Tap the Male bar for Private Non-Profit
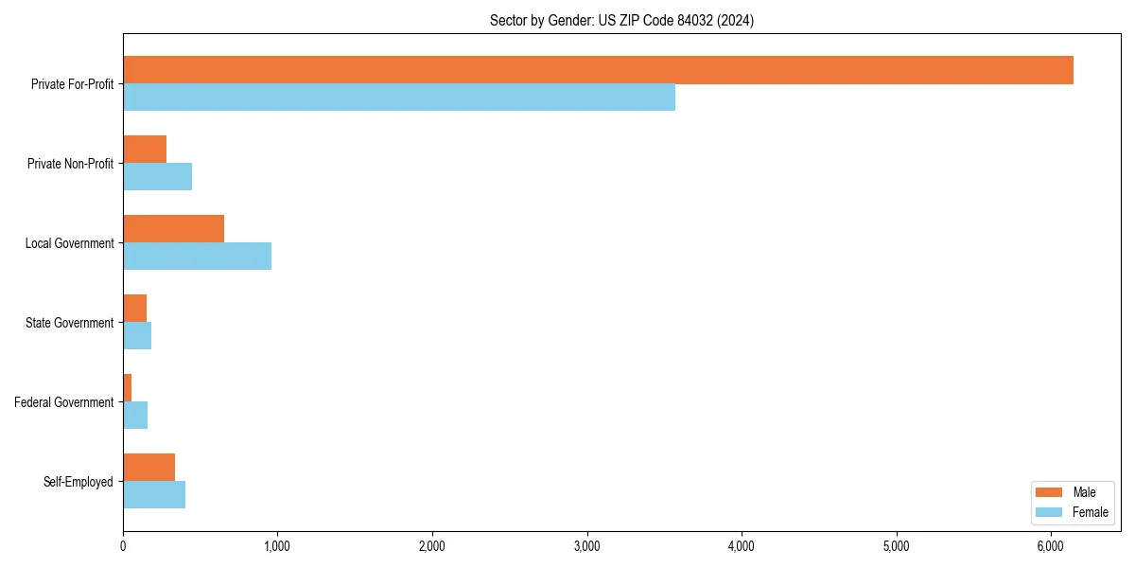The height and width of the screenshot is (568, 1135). (x=145, y=150)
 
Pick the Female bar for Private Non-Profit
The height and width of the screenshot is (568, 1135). (x=157, y=177)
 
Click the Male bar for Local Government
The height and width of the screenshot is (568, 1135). (x=173, y=229)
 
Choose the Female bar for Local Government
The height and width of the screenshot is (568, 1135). (x=197, y=257)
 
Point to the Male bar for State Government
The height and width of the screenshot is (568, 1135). (x=134, y=309)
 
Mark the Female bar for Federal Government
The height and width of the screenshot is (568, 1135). (x=135, y=416)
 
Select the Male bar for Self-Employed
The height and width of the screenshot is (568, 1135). (x=148, y=468)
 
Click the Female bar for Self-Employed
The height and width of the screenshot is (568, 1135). (x=154, y=495)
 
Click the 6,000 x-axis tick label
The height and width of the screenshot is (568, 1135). (x=1051, y=546)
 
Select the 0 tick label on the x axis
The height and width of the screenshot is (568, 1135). (x=123, y=546)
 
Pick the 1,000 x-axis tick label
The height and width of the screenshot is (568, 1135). (x=277, y=546)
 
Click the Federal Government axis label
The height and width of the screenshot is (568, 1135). (x=64, y=402)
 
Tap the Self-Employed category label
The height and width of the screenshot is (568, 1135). (x=79, y=482)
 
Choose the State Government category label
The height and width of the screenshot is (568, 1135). (x=70, y=323)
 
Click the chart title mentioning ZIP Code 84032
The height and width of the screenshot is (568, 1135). (x=621, y=20)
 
